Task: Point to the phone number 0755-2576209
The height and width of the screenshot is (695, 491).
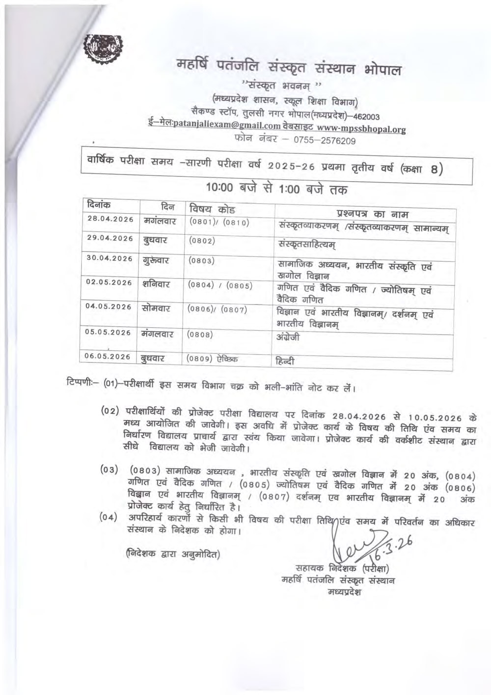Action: (x=325, y=141)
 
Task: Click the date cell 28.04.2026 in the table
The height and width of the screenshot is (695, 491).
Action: (x=110, y=219)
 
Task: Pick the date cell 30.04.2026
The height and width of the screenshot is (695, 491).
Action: (x=109, y=258)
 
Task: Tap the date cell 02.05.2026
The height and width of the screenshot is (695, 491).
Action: (x=109, y=282)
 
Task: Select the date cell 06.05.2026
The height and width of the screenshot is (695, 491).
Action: (x=108, y=356)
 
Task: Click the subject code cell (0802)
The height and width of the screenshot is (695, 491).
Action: (x=202, y=241)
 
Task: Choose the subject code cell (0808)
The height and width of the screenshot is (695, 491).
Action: (x=200, y=334)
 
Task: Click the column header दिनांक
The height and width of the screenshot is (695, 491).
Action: (x=98, y=204)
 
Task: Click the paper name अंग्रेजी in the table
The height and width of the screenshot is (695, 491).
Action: (x=288, y=337)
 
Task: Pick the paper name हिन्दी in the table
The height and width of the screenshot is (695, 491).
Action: (x=285, y=361)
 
